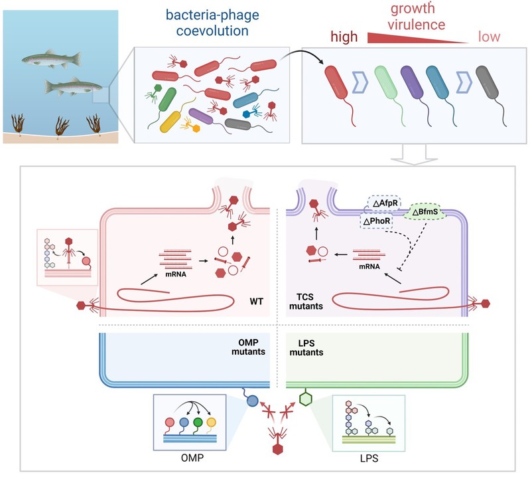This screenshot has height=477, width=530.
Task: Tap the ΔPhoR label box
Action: [377, 220]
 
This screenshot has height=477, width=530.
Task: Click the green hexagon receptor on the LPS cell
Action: [306, 399]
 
